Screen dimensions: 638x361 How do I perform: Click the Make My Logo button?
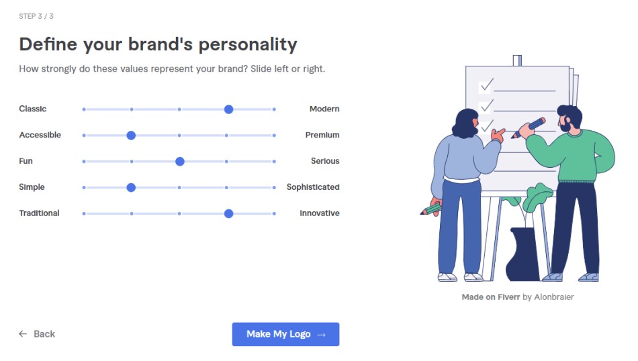click(x=285, y=334)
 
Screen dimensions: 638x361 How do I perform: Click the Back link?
click(x=37, y=334)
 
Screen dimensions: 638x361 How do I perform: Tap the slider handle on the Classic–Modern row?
click(x=228, y=109)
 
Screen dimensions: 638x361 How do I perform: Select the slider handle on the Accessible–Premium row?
click(x=131, y=136)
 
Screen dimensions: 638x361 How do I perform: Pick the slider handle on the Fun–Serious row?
click(x=180, y=162)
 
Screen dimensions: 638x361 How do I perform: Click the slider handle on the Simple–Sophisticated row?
click(x=131, y=187)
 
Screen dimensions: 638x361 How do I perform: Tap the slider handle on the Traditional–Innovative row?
click(x=228, y=213)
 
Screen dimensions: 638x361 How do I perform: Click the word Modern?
click(x=324, y=109)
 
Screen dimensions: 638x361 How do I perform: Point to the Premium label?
click(x=322, y=135)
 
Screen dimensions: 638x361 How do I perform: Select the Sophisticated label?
click(x=313, y=187)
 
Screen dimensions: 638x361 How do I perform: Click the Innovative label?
click(x=320, y=213)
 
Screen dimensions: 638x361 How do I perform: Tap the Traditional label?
click(x=39, y=213)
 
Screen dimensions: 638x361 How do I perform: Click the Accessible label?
click(x=40, y=135)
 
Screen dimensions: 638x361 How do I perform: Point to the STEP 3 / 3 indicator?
click(x=36, y=16)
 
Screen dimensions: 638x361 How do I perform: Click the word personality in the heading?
click(x=247, y=45)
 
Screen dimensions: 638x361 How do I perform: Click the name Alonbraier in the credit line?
click(x=554, y=297)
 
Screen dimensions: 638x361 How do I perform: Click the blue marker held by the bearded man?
click(x=529, y=127)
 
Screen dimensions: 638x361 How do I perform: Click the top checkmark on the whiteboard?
click(x=487, y=85)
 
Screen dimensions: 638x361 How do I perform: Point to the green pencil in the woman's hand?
click(x=430, y=209)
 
